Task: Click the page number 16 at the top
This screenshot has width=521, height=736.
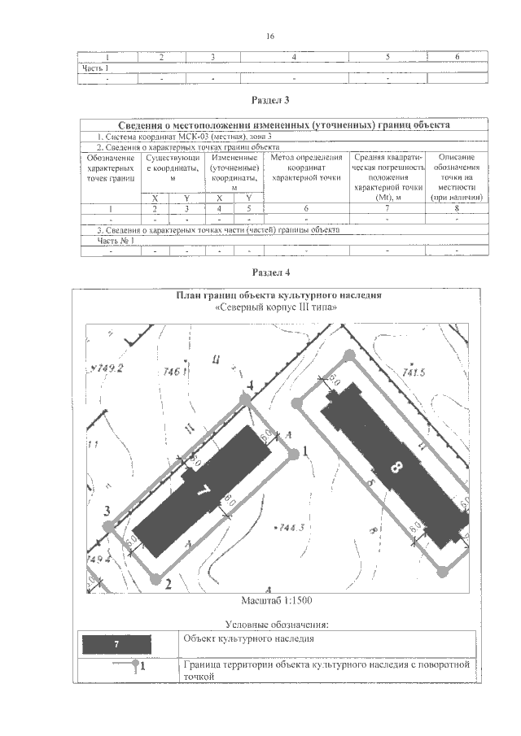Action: (x=270, y=37)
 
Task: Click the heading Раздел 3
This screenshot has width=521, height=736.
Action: (x=271, y=100)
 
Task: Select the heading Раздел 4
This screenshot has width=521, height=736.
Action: (x=271, y=271)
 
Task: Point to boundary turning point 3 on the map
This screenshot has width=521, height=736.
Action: (x=108, y=526)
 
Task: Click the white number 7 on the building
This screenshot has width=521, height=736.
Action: (x=204, y=490)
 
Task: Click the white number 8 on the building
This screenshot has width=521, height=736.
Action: (x=396, y=466)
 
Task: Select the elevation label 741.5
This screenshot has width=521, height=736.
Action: (x=414, y=372)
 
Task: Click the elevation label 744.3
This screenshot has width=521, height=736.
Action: (x=291, y=528)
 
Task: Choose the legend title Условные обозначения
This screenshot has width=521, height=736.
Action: (x=277, y=625)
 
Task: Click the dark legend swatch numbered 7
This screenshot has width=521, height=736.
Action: (x=118, y=644)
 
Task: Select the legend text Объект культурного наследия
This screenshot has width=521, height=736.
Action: (x=249, y=639)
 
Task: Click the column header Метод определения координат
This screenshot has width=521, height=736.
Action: (x=305, y=166)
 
